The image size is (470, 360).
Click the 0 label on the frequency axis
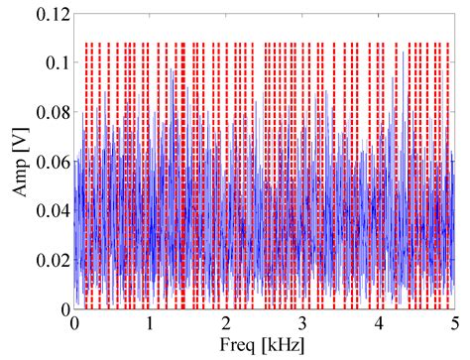click(74, 323)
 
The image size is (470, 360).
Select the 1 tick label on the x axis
click(151, 323)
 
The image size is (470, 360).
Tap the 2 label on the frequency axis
click(226, 323)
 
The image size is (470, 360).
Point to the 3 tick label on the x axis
click(302, 323)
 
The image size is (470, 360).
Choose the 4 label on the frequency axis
click(379, 323)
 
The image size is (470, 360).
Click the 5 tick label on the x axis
click(454, 323)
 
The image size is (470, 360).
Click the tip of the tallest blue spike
click(173, 69)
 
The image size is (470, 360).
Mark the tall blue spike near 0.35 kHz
click(100, 91)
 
